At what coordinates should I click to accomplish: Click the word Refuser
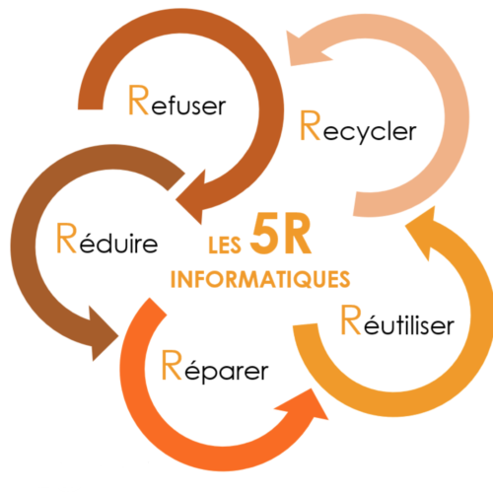176,101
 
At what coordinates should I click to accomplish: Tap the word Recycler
358,127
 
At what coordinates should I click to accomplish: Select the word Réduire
107,239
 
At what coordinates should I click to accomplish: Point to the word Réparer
215,367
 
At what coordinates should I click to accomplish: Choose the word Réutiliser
397,320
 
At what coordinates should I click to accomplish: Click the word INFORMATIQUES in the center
260,280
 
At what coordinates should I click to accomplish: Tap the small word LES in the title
225,245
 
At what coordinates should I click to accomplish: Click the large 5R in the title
281,234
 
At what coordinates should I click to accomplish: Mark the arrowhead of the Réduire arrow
102,333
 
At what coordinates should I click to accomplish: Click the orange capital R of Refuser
138,100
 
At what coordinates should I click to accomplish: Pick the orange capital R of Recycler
311,125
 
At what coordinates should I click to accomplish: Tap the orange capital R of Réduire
66,238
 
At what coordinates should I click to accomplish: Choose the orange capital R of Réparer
172,365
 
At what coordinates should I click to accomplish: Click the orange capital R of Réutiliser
351,319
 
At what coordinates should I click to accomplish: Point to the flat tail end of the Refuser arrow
91,108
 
